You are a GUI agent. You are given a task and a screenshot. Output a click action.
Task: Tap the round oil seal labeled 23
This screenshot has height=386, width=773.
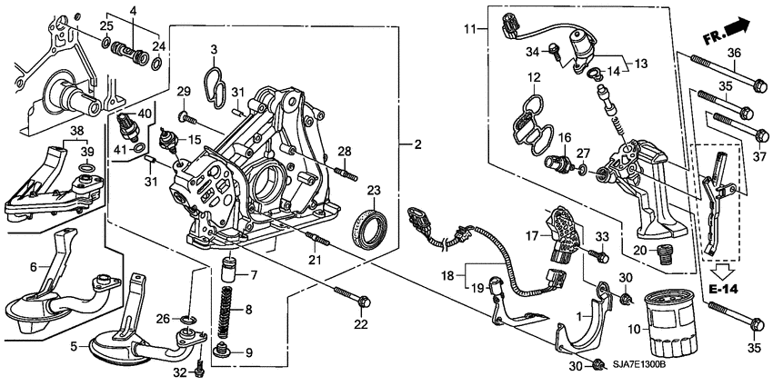(x=369, y=229)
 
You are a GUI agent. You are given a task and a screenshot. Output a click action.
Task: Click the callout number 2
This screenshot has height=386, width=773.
(x=418, y=144)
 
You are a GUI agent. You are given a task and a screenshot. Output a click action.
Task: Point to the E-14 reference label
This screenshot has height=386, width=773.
(x=725, y=289)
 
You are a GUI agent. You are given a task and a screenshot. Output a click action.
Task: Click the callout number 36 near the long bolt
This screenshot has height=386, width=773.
(x=734, y=51)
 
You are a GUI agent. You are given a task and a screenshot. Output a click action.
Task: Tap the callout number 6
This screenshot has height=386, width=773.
(x=35, y=266)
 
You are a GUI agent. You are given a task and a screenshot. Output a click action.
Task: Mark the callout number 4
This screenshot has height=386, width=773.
(x=134, y=10)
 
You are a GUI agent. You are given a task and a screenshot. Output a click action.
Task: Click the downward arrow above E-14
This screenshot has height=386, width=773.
(x=725, y=269)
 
